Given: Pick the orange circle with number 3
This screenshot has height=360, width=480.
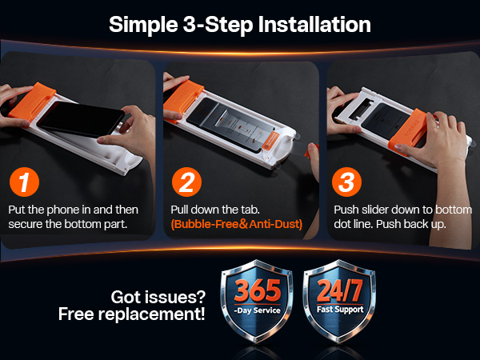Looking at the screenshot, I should pyautogui.click(x=347, y=182).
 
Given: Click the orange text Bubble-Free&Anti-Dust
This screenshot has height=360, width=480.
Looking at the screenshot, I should pyautogui.click(x=236, y=225).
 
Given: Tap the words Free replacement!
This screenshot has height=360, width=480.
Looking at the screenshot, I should pyautogui.click(x=132, y=314).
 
